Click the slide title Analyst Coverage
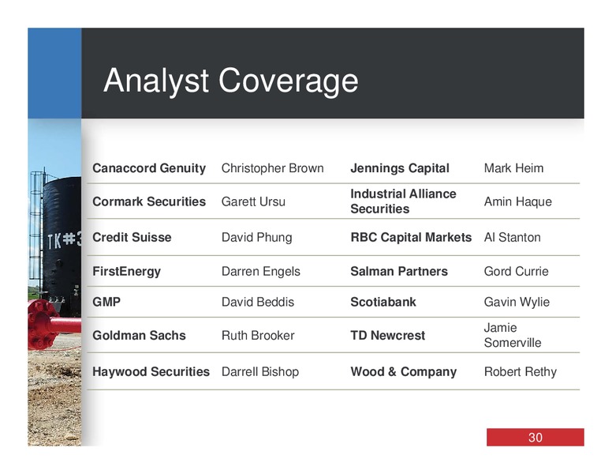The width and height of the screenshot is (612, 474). click(x=230, y=81)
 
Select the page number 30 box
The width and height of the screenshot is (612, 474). click(x=535, y=437)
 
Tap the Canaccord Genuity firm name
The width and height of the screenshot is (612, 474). click(x=149, y=168)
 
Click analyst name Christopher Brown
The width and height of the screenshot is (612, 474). click(x=272, y=168)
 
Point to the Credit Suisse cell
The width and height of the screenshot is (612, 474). click(x=132, y=237)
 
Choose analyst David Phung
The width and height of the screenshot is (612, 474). click(x=257, y=237)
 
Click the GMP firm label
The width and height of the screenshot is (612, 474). click(x=106, y=302)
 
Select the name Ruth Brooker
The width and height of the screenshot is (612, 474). click(x=258, y=336)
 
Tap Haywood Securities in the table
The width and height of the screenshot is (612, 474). click(x=151, y=371)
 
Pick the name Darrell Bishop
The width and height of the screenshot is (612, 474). click(x=260, y=371)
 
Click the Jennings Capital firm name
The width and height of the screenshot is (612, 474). click(x=400, y=168)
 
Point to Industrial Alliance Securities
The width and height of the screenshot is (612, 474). click(x=403, y=201)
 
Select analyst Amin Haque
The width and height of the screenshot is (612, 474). click(x=518, y=201)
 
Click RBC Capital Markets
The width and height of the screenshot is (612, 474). click(x=411, y=237)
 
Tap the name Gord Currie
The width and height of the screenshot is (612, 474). click(x=516, y=272)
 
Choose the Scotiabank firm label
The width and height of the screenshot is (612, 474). click(x=383, y=302)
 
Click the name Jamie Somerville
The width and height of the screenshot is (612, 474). click(x=513, y=335)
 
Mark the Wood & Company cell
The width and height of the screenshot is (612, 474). click(x=404, y=371)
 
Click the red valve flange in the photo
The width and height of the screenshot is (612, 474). click(x=42, y=325)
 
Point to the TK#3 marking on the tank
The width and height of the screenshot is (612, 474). click(x=65, y=239)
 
